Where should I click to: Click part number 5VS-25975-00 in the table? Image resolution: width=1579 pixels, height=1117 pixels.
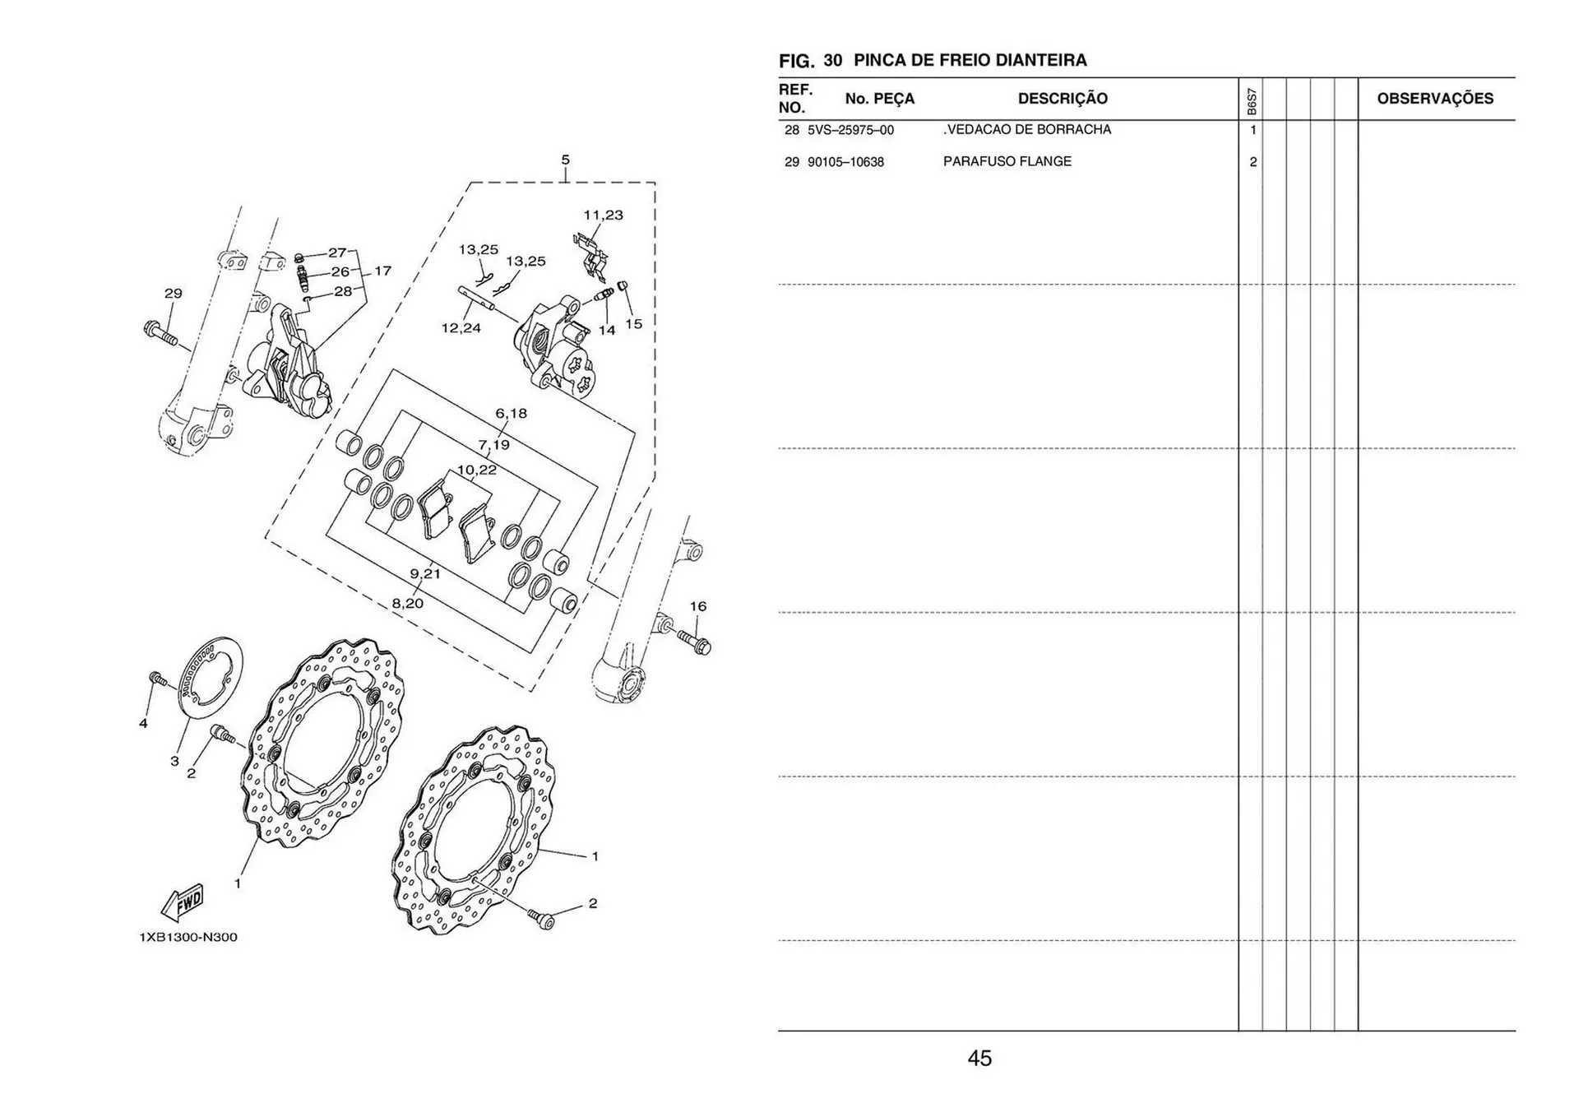click(x=850, y=130)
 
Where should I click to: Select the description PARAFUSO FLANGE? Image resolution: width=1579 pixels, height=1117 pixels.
click(x=1007, y=161)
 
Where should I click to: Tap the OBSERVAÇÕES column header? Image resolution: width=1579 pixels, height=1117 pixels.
click(x=1435, y=99)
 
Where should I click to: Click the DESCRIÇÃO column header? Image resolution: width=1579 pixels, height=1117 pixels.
click(x=1063, y=99)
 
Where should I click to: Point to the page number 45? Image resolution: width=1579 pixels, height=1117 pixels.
click(x=979, y=1059)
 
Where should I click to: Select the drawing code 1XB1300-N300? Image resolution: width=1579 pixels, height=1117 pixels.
click(x=188, y=937)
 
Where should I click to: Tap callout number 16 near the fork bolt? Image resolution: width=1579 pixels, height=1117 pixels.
click(x=697, y=606)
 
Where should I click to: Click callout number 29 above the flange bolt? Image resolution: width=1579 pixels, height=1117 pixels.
click(x=173, y=294)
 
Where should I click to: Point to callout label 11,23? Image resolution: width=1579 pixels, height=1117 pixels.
click(x=603, y=216)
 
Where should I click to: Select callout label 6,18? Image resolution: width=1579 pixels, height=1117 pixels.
click(x=511, y=414)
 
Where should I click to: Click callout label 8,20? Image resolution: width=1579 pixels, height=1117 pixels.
click(x=407, y=604)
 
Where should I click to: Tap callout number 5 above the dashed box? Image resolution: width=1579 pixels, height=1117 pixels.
click(x=565, y=160)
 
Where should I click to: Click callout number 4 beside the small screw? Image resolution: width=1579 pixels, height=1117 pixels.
click(x=143, y=724)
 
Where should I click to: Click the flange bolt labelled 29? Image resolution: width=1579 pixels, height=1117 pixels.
click(x=161, y=334)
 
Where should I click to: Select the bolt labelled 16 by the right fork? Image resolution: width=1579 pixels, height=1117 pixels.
click(x=694, y=642)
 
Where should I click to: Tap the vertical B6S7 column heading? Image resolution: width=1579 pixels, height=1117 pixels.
click(x=1251, y=101)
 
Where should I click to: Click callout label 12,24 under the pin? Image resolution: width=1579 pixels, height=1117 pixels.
click(x=461, y=328)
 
